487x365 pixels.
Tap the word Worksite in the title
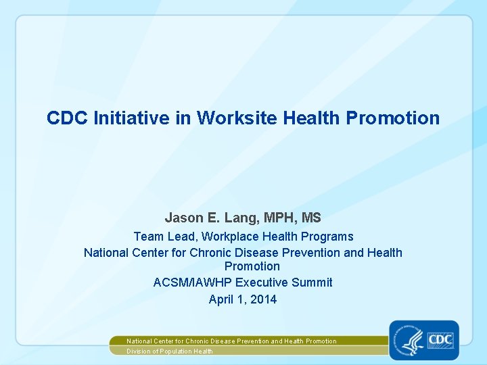[x=237, y=118]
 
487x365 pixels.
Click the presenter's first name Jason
[x=182, y=218]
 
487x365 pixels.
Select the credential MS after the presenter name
[x=311, y=218]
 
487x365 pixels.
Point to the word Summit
[x=312, y=283]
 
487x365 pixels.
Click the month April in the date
[x=221, y=299]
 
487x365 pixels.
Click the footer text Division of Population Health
[x=170, y=351]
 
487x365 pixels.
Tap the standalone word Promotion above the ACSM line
[x=252, y=266]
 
